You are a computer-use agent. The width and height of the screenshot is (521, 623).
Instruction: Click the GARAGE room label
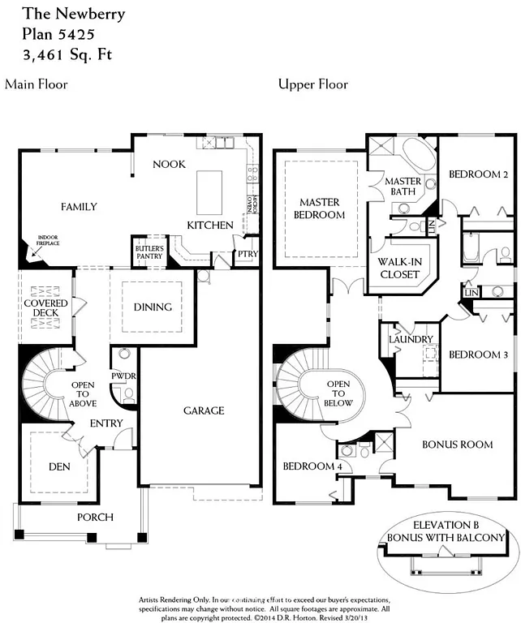(x=203, y=410)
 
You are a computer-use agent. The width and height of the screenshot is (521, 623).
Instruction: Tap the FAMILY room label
(x=79, y=207)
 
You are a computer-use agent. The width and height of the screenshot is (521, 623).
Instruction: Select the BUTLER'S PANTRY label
(x=149, y=252)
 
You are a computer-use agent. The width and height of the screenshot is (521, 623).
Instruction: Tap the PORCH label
(x=95, y=518)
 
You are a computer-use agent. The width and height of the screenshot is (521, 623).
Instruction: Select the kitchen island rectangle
(x=210, y=191)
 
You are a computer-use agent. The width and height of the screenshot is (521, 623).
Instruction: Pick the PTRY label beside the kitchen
(x=247, y=255)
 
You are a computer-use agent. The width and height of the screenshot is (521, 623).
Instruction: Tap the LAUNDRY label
(x=411, y=339)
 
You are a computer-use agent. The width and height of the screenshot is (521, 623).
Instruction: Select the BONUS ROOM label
(x=458, y=445)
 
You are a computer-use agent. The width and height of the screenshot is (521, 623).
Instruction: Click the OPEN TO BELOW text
(x=339, y=393)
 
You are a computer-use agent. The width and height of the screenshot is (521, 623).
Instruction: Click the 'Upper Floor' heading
(x=312, y=84)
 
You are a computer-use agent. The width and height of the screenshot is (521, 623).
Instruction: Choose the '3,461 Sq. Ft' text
(x=62, y=55)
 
